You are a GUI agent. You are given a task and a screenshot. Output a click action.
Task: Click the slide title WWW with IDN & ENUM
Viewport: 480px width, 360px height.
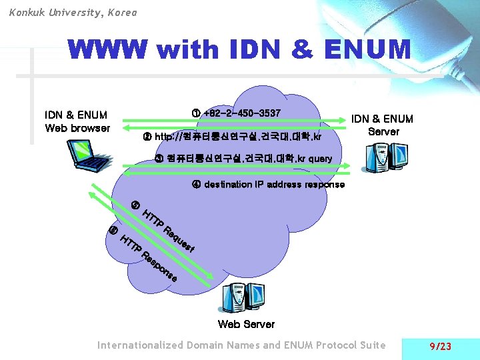coord(239,50)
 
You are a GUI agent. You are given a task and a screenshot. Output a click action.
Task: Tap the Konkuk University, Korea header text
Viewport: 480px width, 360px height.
coord(73,12)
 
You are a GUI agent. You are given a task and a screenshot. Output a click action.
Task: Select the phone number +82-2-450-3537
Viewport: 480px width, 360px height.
coord(242,113)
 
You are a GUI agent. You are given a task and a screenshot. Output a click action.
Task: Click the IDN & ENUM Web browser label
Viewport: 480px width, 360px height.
coord(77,121)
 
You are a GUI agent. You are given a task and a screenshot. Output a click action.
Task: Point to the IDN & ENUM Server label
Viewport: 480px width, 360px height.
coord(383,125)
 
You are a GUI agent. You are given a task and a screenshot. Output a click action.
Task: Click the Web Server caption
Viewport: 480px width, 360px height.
coord(246,324)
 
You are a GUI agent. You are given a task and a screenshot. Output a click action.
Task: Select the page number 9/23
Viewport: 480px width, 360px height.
coord(441,346)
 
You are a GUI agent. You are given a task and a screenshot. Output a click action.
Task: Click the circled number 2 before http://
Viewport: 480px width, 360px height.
coord(147,137)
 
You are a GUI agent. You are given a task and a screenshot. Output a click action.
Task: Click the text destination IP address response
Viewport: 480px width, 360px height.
coord(274,184)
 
